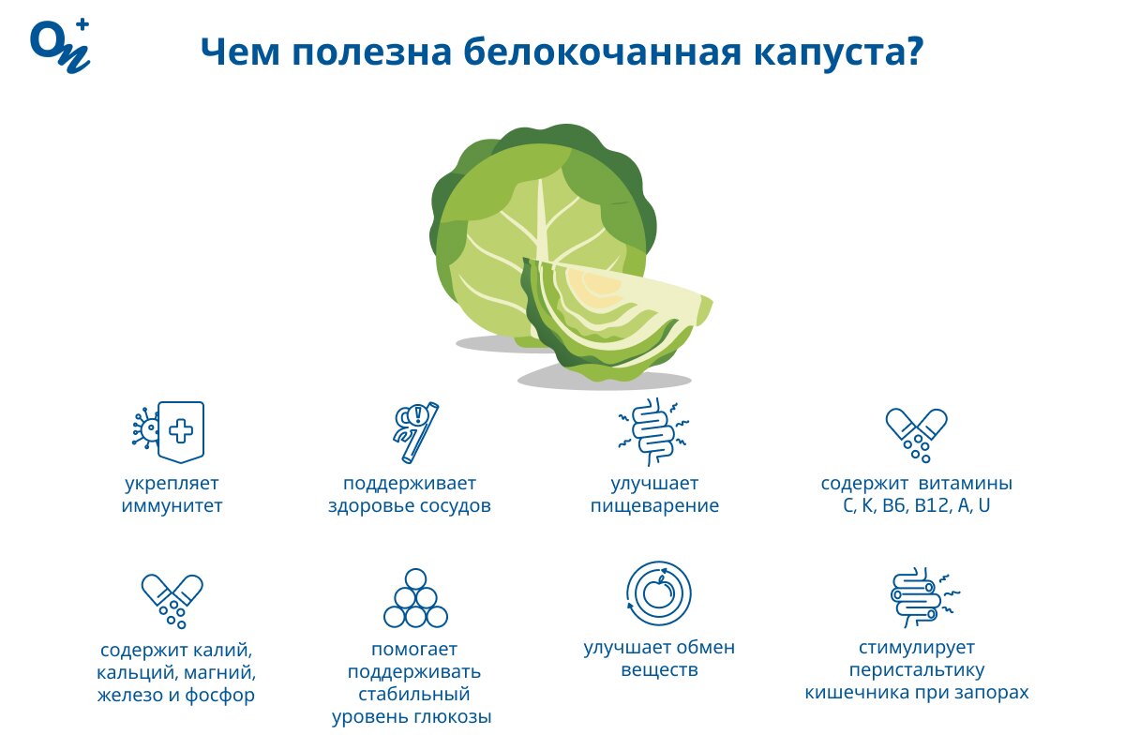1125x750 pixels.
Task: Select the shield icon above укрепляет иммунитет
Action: pyautogui.click(x=180, y=431)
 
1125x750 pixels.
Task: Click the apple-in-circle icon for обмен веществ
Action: pyautogui.click(x=659, y=593)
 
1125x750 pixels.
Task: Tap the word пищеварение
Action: pyautogui.click(x=654, y=507)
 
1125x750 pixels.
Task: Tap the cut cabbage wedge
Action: pyautogui.click(x=614, y=319)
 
